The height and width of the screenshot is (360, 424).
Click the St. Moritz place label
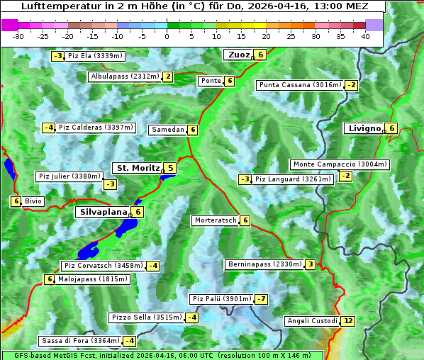coord(138,168)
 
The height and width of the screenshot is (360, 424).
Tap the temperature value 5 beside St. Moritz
coord(170,168)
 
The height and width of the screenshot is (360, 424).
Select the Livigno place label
coord(364,128)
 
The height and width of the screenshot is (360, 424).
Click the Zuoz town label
coord(238,55)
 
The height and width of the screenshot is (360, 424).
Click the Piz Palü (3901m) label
coord(221,299)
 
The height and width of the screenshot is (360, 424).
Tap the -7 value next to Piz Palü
coord(262,299)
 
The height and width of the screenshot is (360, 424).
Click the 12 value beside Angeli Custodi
coord(347,321)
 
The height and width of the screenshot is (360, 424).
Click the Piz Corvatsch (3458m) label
coord(103,266)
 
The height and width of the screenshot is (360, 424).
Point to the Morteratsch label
coord(215,220)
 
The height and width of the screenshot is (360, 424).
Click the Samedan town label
coord(167,130)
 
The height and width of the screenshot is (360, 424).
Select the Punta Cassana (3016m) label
coord(300,85)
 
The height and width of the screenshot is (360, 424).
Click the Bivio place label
coord(33,201)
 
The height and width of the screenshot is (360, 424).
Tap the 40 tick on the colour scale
coord(365,35)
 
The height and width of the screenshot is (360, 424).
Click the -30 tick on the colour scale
coord(18,35)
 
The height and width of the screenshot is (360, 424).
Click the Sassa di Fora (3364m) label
coord(79,341)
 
